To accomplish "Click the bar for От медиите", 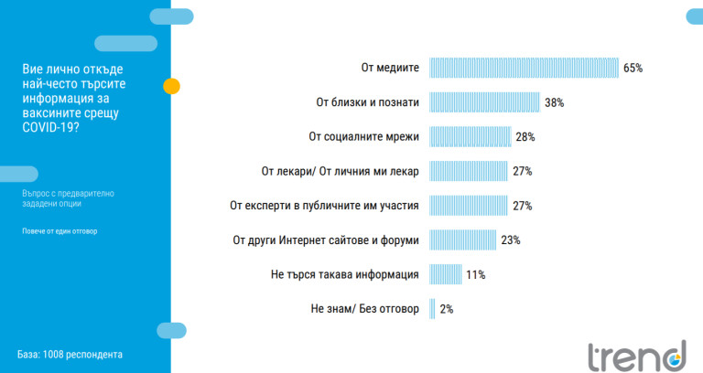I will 524,68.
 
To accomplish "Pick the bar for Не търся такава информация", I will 446,274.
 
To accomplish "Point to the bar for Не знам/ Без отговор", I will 433,309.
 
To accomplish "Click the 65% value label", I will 633,68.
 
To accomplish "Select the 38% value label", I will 554,102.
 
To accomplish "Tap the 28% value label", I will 525,136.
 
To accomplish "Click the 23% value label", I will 511,240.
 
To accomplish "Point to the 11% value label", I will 474,274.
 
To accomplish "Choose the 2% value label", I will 447,309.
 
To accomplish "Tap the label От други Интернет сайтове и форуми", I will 327,240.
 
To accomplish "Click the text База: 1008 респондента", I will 70,354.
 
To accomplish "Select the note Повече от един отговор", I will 59,230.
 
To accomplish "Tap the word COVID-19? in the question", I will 50,127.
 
